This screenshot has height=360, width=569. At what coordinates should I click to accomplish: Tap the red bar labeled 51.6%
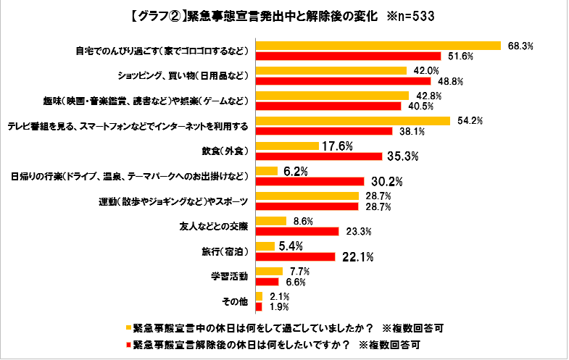pos(349,56)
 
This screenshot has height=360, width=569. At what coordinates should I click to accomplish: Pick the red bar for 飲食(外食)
pos(319,156)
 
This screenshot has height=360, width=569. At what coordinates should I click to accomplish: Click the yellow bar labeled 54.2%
pos(353,120)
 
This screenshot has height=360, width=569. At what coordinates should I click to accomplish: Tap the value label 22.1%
pos(353,256)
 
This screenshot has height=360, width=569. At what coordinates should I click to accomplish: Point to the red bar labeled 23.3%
pos(297,231)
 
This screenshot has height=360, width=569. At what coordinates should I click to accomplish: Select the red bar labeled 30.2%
pos(310,181)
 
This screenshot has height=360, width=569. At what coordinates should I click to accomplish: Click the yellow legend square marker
pos(127,327)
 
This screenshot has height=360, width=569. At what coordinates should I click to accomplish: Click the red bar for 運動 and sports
pos(307,206)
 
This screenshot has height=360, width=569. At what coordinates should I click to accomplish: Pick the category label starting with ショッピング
pos(181,75)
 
